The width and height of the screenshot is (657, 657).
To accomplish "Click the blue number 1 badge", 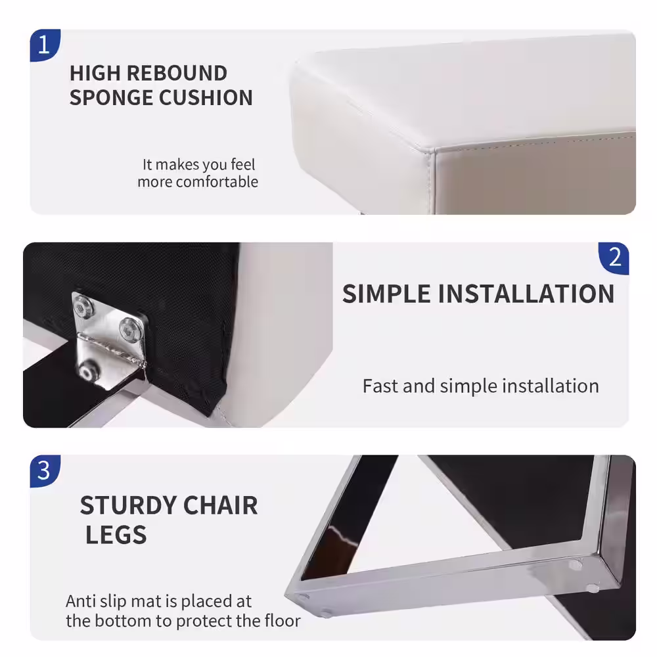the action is (x=45, y=45).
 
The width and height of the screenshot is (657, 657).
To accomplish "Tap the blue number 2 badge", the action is (x=614, y=258).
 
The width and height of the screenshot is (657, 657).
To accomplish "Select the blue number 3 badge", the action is (x=45, y=471).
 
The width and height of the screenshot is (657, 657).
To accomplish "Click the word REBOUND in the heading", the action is (x=177, y=74).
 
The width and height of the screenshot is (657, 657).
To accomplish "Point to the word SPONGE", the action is (x=110, y=98).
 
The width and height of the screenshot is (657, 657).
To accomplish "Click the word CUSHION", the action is (x=206, y=98).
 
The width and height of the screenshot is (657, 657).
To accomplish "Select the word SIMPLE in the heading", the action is (x=386, y=294).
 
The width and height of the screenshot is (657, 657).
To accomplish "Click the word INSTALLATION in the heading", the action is (x=526, y=294).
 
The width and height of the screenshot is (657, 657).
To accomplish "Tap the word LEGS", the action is (x=116, y=535).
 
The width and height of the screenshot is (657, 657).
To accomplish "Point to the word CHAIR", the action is (x=220, y=505).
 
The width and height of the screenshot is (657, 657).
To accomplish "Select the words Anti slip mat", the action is (x=113, y=602).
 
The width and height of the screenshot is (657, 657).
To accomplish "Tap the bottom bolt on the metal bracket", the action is (x=86, y=372).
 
